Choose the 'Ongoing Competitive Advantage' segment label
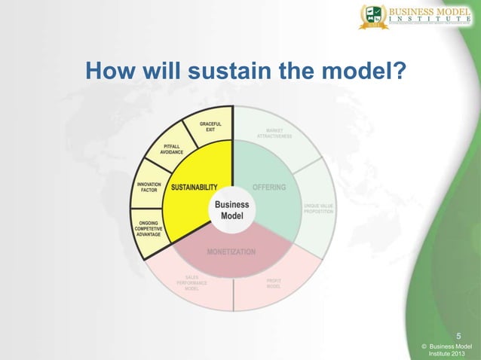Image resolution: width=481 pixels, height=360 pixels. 148,228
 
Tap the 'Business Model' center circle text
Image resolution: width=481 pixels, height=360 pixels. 232,210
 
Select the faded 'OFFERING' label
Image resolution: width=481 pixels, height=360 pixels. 269,188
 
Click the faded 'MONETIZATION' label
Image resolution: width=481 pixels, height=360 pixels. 231,251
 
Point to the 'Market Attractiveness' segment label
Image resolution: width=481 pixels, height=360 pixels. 270,133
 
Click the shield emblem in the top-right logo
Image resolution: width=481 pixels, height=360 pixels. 372,17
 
